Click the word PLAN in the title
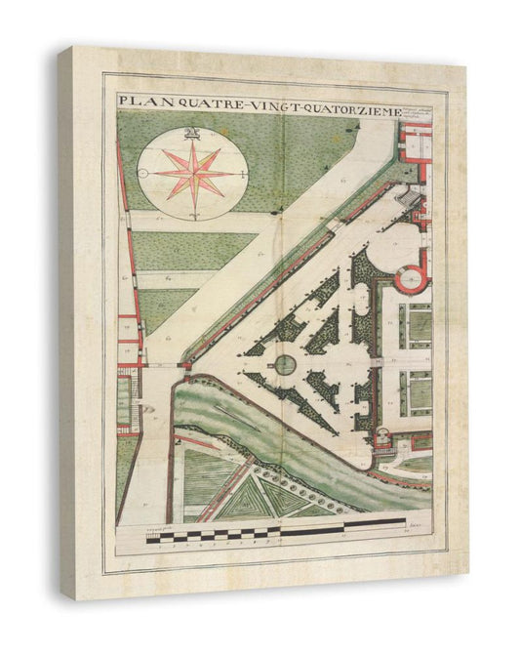point(138,101)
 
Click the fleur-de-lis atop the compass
point(192,134)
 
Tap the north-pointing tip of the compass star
point(192,144)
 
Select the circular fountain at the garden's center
point(284,364)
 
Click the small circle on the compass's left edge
point(142,175)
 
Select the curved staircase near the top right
point(410,200)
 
